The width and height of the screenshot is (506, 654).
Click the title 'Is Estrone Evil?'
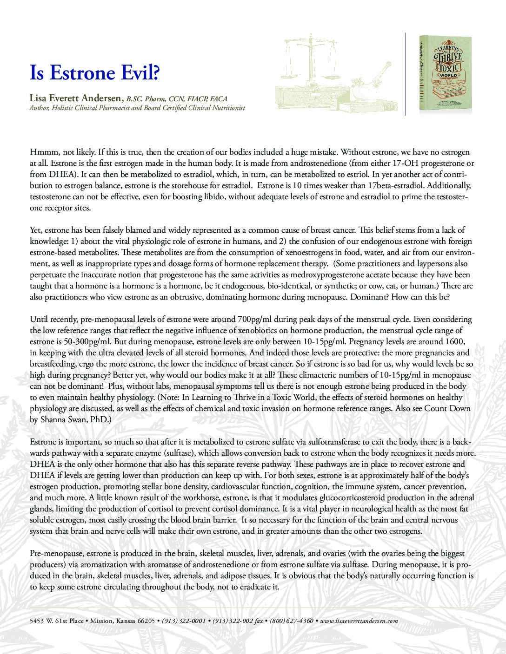[92, 73]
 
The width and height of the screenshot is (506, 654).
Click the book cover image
[445, 73]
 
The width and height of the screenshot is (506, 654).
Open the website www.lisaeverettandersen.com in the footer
[359, 621]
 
